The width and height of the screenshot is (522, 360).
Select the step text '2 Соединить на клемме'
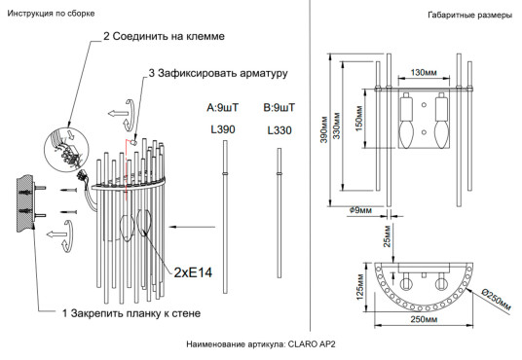click(x=164, y=36)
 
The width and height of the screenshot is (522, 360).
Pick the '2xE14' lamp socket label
click(x=194, y=272)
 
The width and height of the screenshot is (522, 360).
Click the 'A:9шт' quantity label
click(x=223, y=107)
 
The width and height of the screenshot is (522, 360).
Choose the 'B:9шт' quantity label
click(x=279, y=107)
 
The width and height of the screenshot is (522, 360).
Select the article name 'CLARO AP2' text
click(x=315, y=344)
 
